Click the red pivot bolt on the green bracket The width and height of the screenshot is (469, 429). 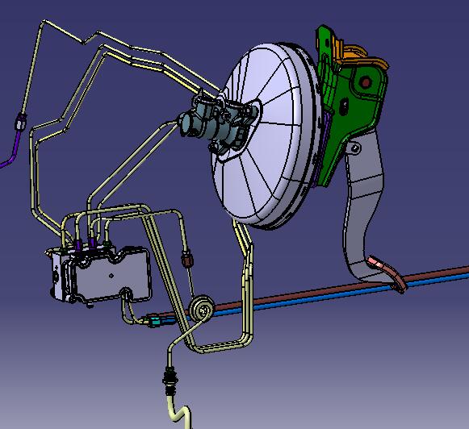point(366,82)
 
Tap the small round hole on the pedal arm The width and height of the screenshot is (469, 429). point(354,147)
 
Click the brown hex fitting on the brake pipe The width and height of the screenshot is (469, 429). point(187,259)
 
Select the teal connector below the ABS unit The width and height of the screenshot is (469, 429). point(156,322)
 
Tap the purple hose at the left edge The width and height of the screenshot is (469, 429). point(8,153)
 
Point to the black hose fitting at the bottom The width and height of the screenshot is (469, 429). point(170,376)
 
